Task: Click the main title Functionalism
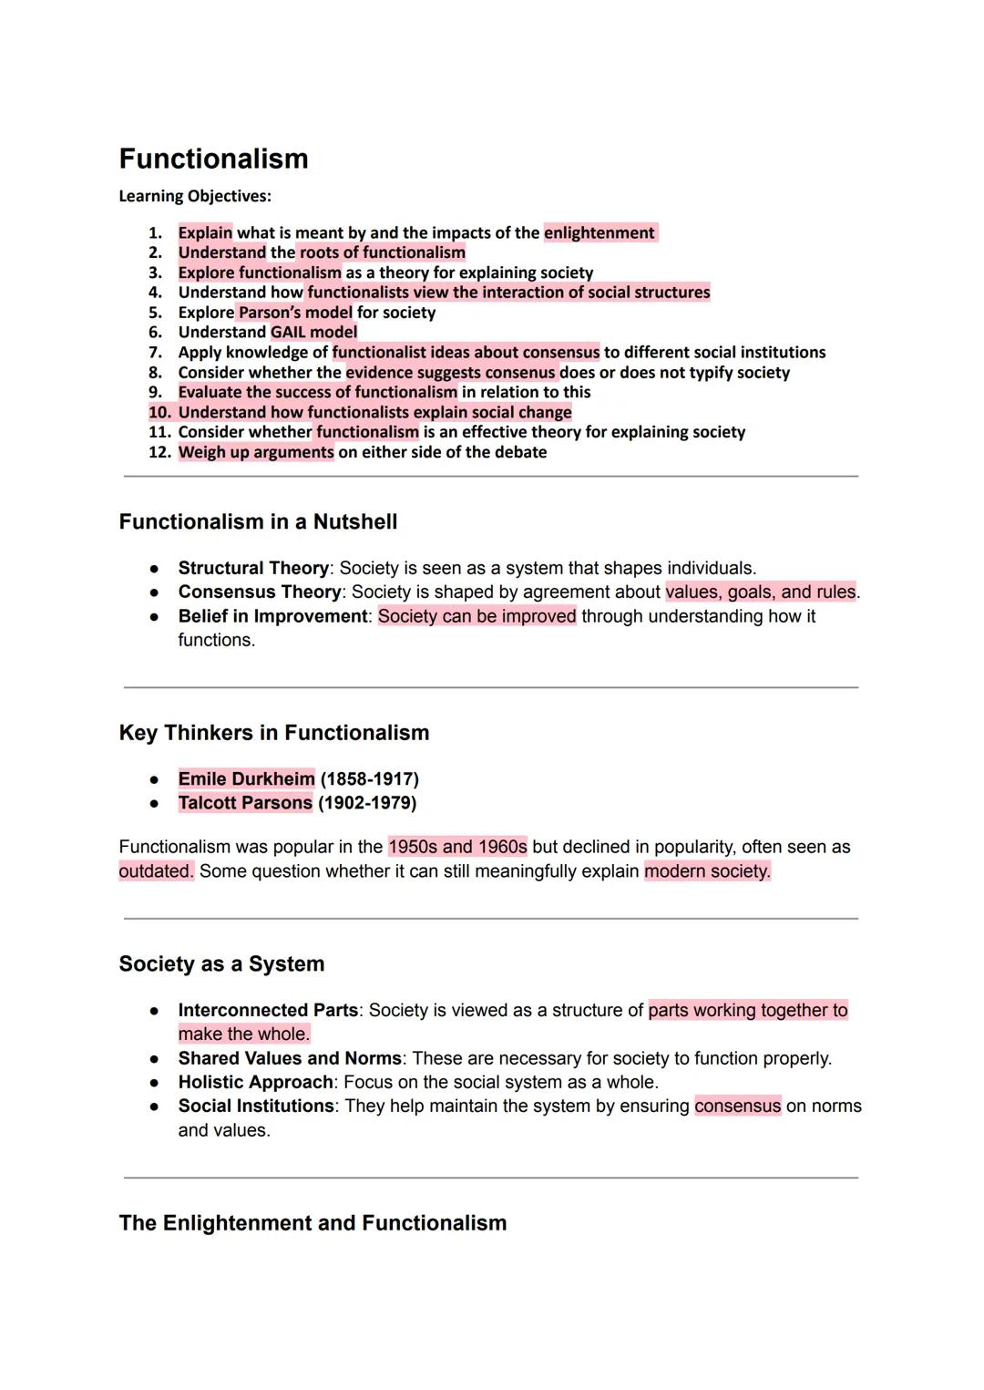pyautogui.click(x=213, y=159)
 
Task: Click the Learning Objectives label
pyautogui.click(x=195, y=196)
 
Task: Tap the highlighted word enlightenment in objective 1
pyautogui.click(x=599, y=232)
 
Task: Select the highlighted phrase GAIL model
pyautogui.click(x=313, y=332)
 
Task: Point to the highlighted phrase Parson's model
pyautogui.click(x=295, y=312)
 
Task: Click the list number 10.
pyautogui.click(x=159, y=412)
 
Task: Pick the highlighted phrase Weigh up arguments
pyautogui.click(x=256, y=452)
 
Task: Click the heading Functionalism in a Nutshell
pyautogui.click(x=258, y=521)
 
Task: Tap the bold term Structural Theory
pyautogui.click(x=253, y=568)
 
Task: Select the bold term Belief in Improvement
pyautogui.click(x=272, y=616)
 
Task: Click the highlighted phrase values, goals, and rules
pyautogui.click(x=761, y=592)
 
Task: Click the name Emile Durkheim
pyautogui.click(x=246, y=778)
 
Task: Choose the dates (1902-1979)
pyautogui.click(x=367, y=803)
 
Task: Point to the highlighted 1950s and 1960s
pyautogui.click(x=457, y=847)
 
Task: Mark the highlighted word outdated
pyautogui.click(x=156, y=870)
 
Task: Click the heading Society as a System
pyautogui.click(x=221, y=963)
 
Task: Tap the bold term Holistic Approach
pyautogui.click(x=255, y=1082)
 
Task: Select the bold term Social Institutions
pyautogui.click(x=256, y=1106)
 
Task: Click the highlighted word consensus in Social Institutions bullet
pyautogui.click(x=737, y=1106)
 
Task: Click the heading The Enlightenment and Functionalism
pyautogui.click(x=313, y=1222)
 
